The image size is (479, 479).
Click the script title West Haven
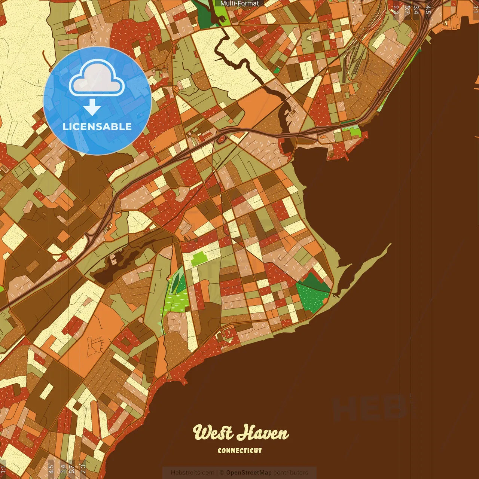click(x=241, y=433)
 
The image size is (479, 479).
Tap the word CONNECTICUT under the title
click(x=240, y=451)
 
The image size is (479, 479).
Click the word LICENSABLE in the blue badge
click(x=97, y=126)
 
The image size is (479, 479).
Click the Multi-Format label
click(x=239, y=3)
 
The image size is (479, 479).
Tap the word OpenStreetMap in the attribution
click(x=248, y=473)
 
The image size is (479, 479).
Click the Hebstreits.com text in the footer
click(x=192, y=473)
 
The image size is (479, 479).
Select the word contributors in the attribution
click(x=291, y=473)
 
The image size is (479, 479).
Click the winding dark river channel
click(x=258, y=79)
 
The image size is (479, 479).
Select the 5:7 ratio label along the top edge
click(x=407, y=9)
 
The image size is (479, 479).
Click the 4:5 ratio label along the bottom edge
click(x=51, y=469)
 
